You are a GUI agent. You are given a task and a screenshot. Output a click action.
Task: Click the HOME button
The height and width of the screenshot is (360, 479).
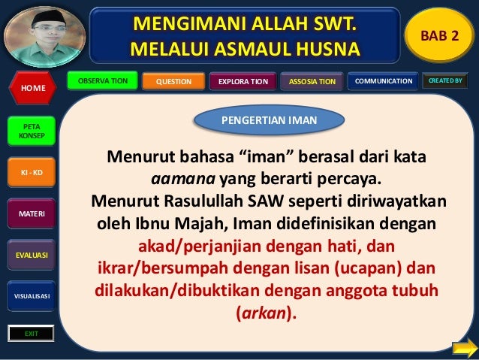pyautogui.click(x=32, y=88)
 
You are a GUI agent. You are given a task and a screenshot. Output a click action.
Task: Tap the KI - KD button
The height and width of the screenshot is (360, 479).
pyautogui.click(x=32, y=174)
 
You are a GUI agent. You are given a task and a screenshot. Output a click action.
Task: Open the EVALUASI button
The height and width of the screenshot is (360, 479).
pyautogui.click(x=32, y=256)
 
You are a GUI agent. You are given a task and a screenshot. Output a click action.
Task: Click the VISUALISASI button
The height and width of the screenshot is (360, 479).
pyautogui.click(x=32, y=296)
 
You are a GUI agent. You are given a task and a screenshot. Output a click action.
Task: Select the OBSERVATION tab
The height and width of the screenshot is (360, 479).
pyautogui.click(x=102, y=80)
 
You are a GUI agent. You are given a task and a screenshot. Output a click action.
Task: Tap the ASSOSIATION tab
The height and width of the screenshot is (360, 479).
pyautogui.click(x=312, y=81)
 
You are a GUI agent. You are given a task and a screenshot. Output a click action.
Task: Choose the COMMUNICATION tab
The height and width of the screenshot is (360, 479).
pyautogui.click(x=383, y=80)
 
